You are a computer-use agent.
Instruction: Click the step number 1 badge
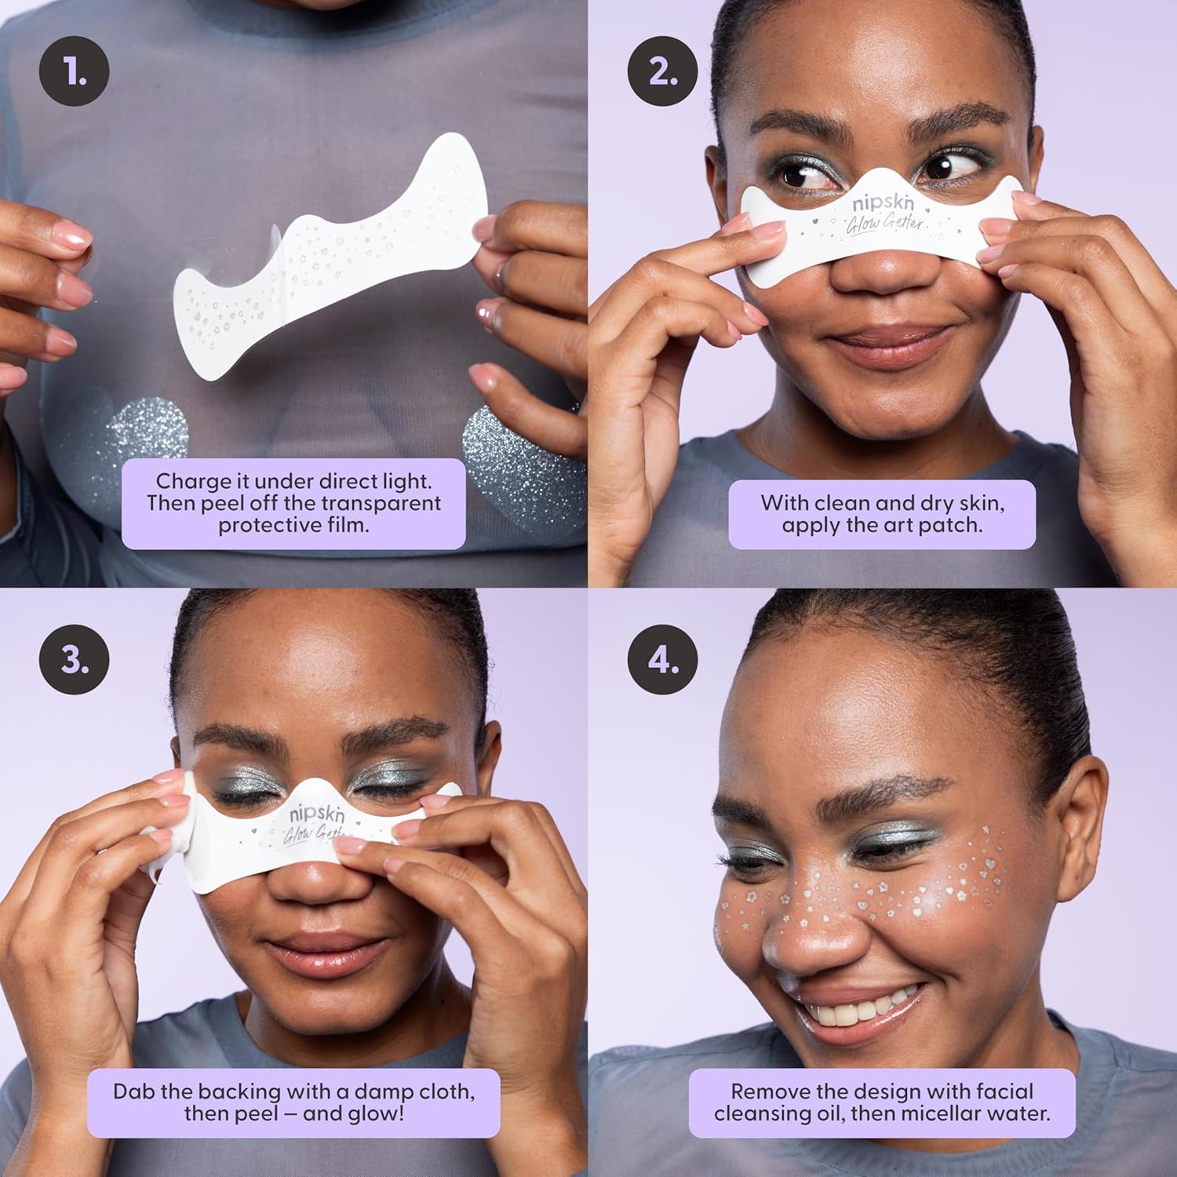[x=75, y=71]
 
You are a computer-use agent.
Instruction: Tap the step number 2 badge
[x=663, y=71]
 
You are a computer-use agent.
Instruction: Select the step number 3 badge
[x=75, y=660]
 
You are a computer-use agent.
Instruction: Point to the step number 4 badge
[x=663, y=660]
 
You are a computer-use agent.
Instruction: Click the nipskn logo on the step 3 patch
[x=317, y=813]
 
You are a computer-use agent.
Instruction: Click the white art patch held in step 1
[x=330, y=259]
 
